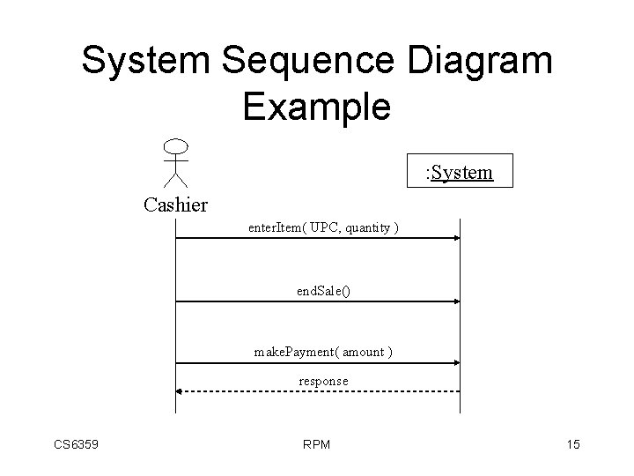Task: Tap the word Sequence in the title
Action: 312,62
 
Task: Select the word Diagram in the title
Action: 480,62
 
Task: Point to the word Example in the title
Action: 316,107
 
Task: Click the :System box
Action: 459,171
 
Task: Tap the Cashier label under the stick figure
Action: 175,206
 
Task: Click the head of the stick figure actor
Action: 177,145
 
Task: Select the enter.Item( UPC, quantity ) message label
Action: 322,228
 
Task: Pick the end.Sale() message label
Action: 323,290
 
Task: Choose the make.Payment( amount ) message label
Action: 323,352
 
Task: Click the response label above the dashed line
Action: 323,381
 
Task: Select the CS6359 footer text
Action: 75,444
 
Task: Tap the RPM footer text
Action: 315,444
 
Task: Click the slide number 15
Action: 572,444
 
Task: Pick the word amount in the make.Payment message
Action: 362,352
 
